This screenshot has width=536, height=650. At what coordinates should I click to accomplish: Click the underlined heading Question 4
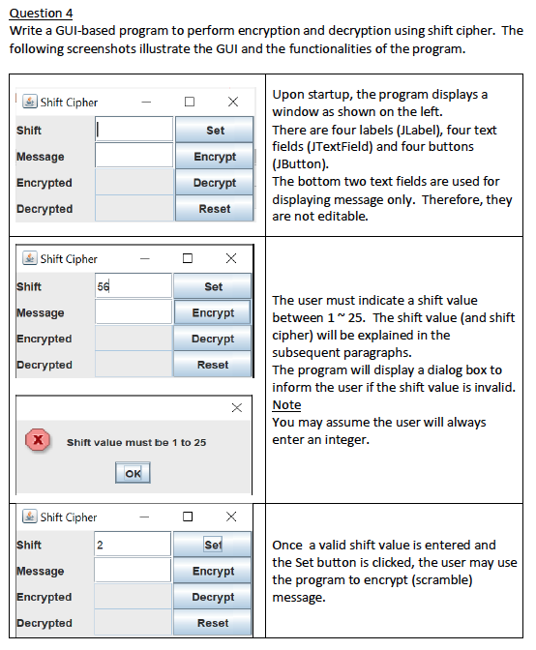(x=41, y=13)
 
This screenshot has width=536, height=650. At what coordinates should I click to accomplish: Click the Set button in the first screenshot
(x=214, y=130)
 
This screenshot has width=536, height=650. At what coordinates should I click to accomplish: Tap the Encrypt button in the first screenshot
(x=214, y=156)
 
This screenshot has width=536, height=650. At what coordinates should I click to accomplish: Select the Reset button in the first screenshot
(x=214, y=208)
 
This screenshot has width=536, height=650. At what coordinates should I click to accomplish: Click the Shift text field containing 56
(x=133, y=286)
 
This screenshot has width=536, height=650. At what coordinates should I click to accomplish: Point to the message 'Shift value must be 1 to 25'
(x=136, y=442)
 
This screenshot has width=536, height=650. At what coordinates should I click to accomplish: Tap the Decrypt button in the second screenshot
(x=213, y=339)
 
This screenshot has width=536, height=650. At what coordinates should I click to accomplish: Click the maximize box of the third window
(x=189, y=517)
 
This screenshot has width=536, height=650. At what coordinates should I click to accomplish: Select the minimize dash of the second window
(x=144, y=259)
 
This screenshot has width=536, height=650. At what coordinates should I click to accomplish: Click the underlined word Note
(x=286, y=404)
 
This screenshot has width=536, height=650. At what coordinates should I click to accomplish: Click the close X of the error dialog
(x=236, y=408)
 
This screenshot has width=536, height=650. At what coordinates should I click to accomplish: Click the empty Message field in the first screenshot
(x=133, y=156)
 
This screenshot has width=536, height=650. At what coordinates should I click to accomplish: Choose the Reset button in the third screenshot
(x=213, y=623)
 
